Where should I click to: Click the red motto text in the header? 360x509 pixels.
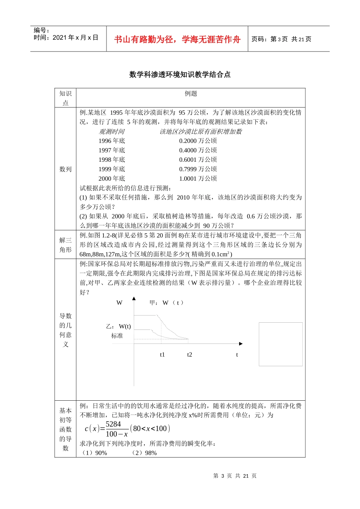(x=177, y=39)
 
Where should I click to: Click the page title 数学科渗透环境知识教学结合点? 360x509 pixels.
(x=180, y=75)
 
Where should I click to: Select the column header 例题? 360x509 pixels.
(x=191, y=94)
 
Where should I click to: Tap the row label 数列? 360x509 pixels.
(x=65, y=169)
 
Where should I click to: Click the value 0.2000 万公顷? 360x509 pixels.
(x=198, y=141)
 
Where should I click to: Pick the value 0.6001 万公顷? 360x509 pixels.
(x=198, y=160)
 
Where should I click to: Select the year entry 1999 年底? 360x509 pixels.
(x=111, y=169)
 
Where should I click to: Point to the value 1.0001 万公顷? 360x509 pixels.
(x=198, y=179)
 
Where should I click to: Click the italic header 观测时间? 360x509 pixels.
(x=111, y=132)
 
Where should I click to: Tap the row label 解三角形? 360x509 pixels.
(x=65, y=245)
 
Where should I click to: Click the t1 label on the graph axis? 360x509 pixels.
(x=162, y=355)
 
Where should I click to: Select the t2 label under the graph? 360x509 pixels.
(x=189, y=355)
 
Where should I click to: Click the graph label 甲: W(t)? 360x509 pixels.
(x=166, y=303)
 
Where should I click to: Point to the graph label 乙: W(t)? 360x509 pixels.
(x=118, y=326)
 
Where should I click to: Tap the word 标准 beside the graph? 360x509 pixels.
(x=117, y=336)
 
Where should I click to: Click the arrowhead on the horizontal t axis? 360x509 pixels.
(x=241, y=344)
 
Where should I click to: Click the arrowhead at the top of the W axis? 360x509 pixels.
(x=134, y=299)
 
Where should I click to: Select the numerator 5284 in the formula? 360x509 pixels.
(x=113, y=424)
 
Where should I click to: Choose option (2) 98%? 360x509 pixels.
(x=144, y=453)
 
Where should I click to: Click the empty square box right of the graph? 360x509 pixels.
(x=280, y=344)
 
